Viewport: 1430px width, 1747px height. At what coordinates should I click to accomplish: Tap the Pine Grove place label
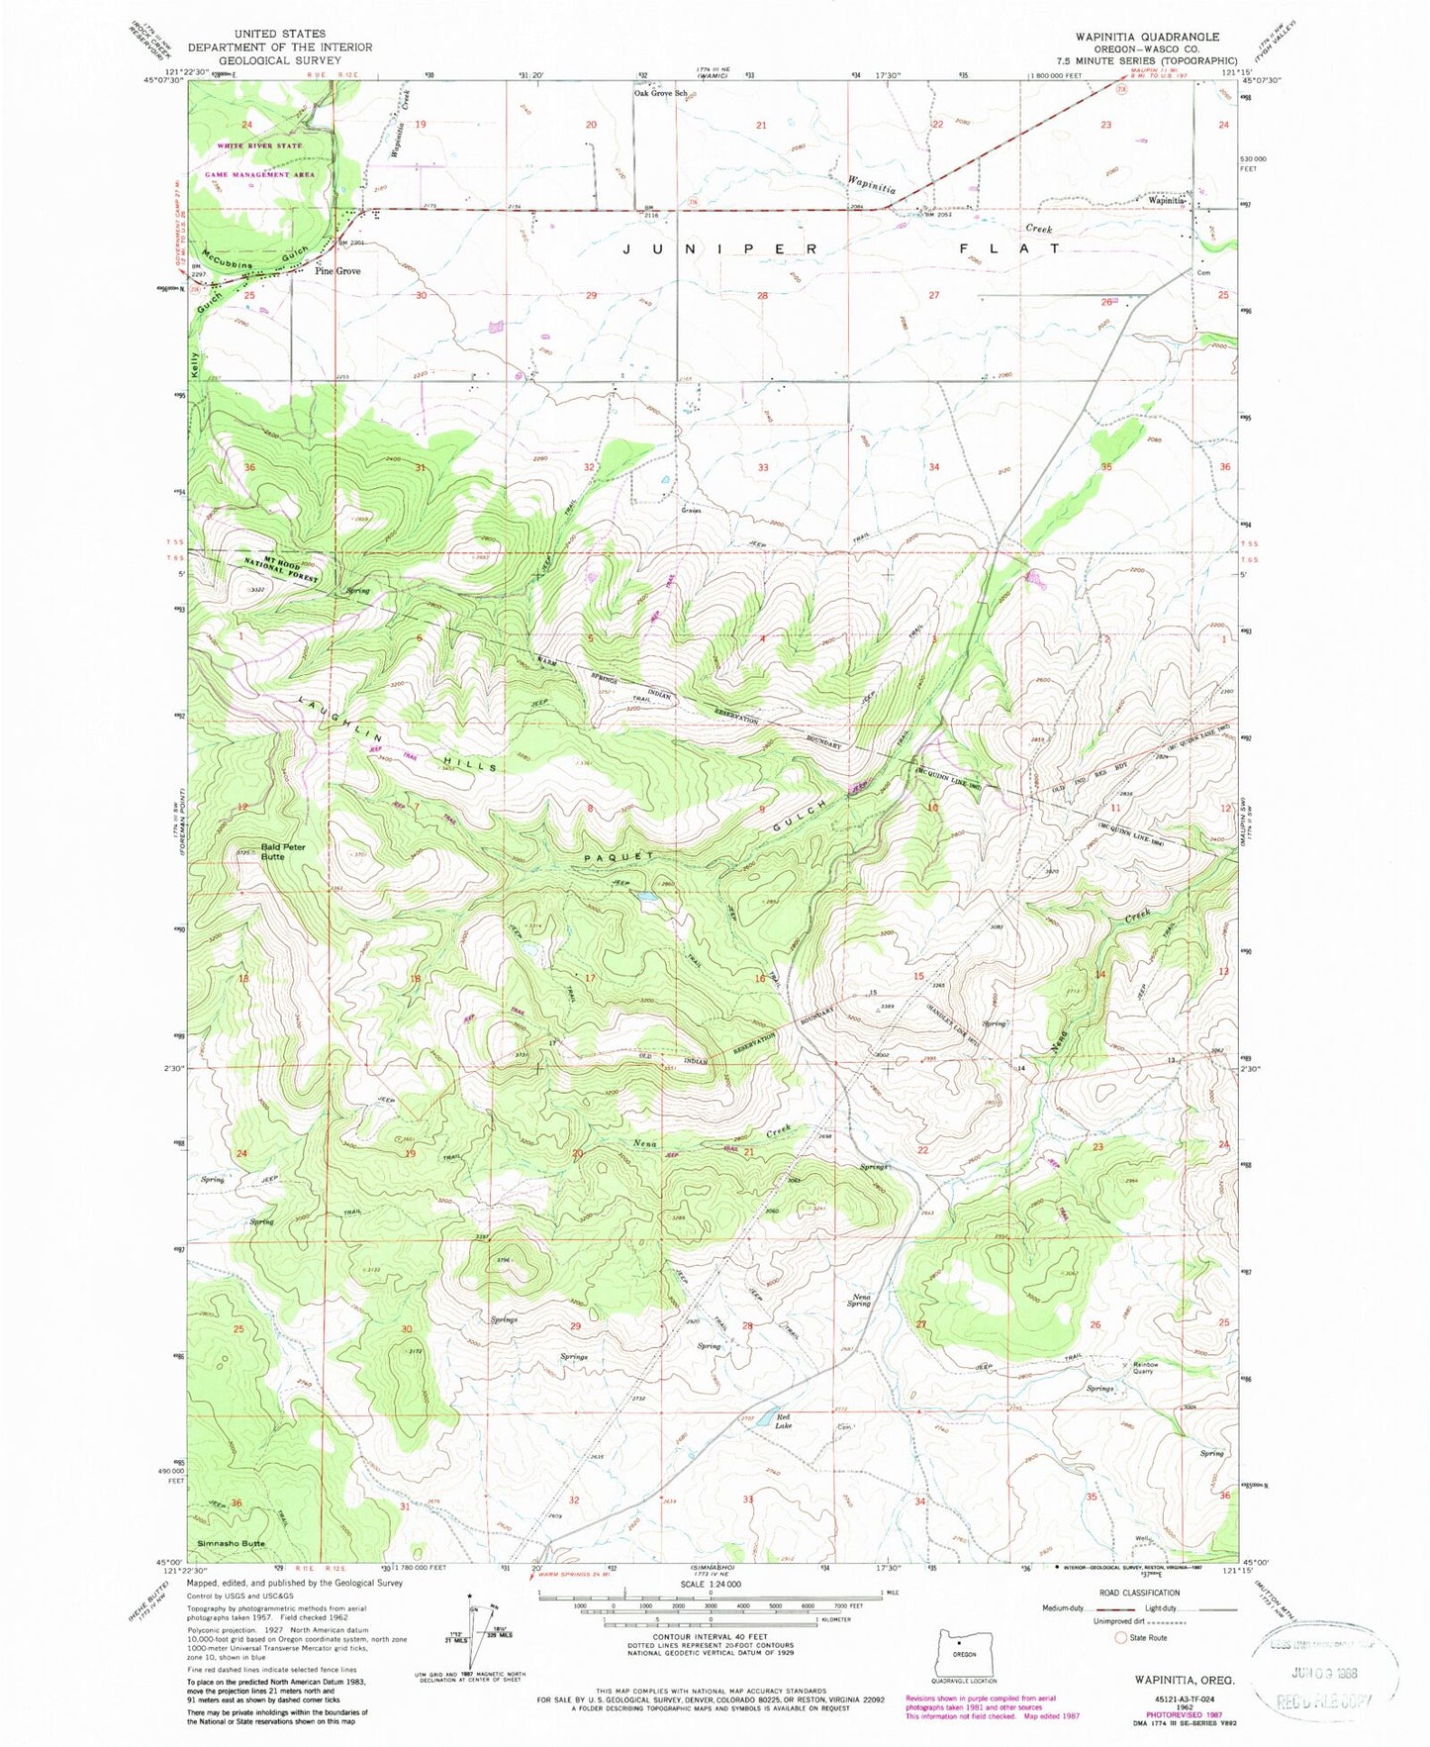coord(337,271)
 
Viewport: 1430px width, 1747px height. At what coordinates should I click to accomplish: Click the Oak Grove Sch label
coord(660,94)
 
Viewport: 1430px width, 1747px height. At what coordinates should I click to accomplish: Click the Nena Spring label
coord(858,1300)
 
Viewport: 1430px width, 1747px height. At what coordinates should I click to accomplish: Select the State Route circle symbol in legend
coord(1121,1637)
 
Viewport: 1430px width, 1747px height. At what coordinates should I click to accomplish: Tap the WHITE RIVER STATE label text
coord(253,146)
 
